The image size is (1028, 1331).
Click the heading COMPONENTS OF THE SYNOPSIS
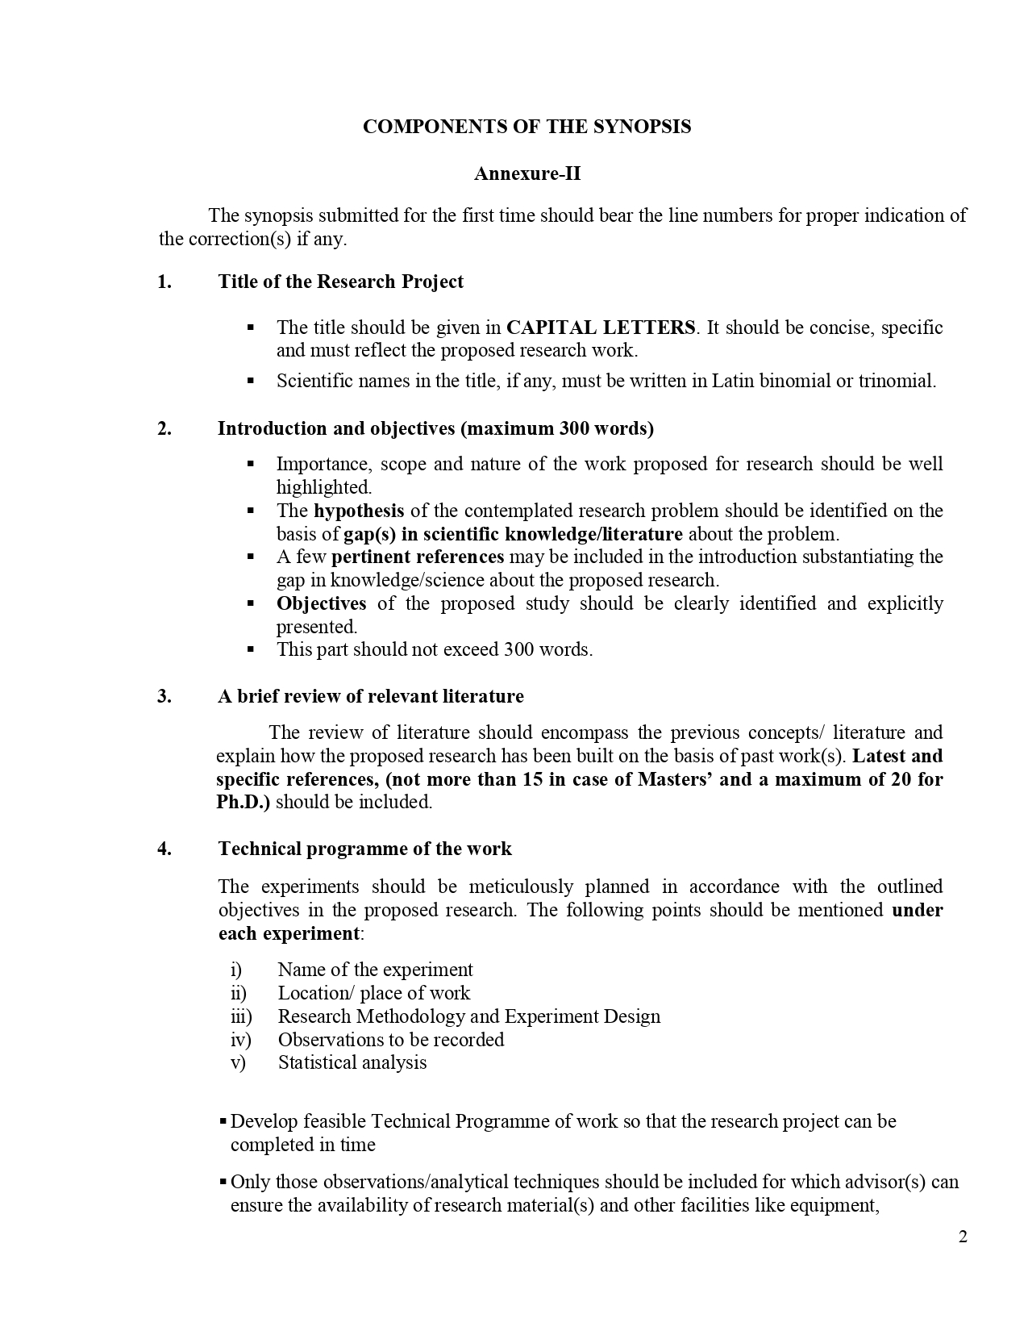pyautogui.click(x=526, y=127)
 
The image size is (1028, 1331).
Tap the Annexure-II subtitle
pyautogui.click(x=526, y=173)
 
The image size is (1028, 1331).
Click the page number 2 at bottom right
pyautogui.click(x=963, y=1237)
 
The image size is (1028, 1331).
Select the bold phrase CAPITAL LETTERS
pyautogui.click(x=600, y=328)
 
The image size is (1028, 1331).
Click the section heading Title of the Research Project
pyautogui.click(x=340, y=282)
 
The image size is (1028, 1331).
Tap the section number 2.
pyautogui.click(x=164, y=428)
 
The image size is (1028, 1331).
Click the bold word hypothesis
pyautogui.click(x=359, y=511)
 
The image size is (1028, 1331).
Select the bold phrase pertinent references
pyautogui.click(x=417, y=557)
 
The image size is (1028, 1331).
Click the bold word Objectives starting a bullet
pyautogui.click(x=321, y=603)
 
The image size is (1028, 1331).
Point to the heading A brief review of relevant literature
pyautogui.click(x=370, y=696)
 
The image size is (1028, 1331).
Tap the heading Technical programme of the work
pyautogui.click(x=364, y=849)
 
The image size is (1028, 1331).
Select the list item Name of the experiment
pyautogui.click(x=375, y=970)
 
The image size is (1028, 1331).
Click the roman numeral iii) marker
pyautogui.click(x=241, y=1016)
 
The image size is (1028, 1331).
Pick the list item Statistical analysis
pyautogui.click(x=352, y=1062)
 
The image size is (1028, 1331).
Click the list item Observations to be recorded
pyautogui.click(x=391, y=1040)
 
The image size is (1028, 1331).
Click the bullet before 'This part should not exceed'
pyautogui.click(x=251, y=649)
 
